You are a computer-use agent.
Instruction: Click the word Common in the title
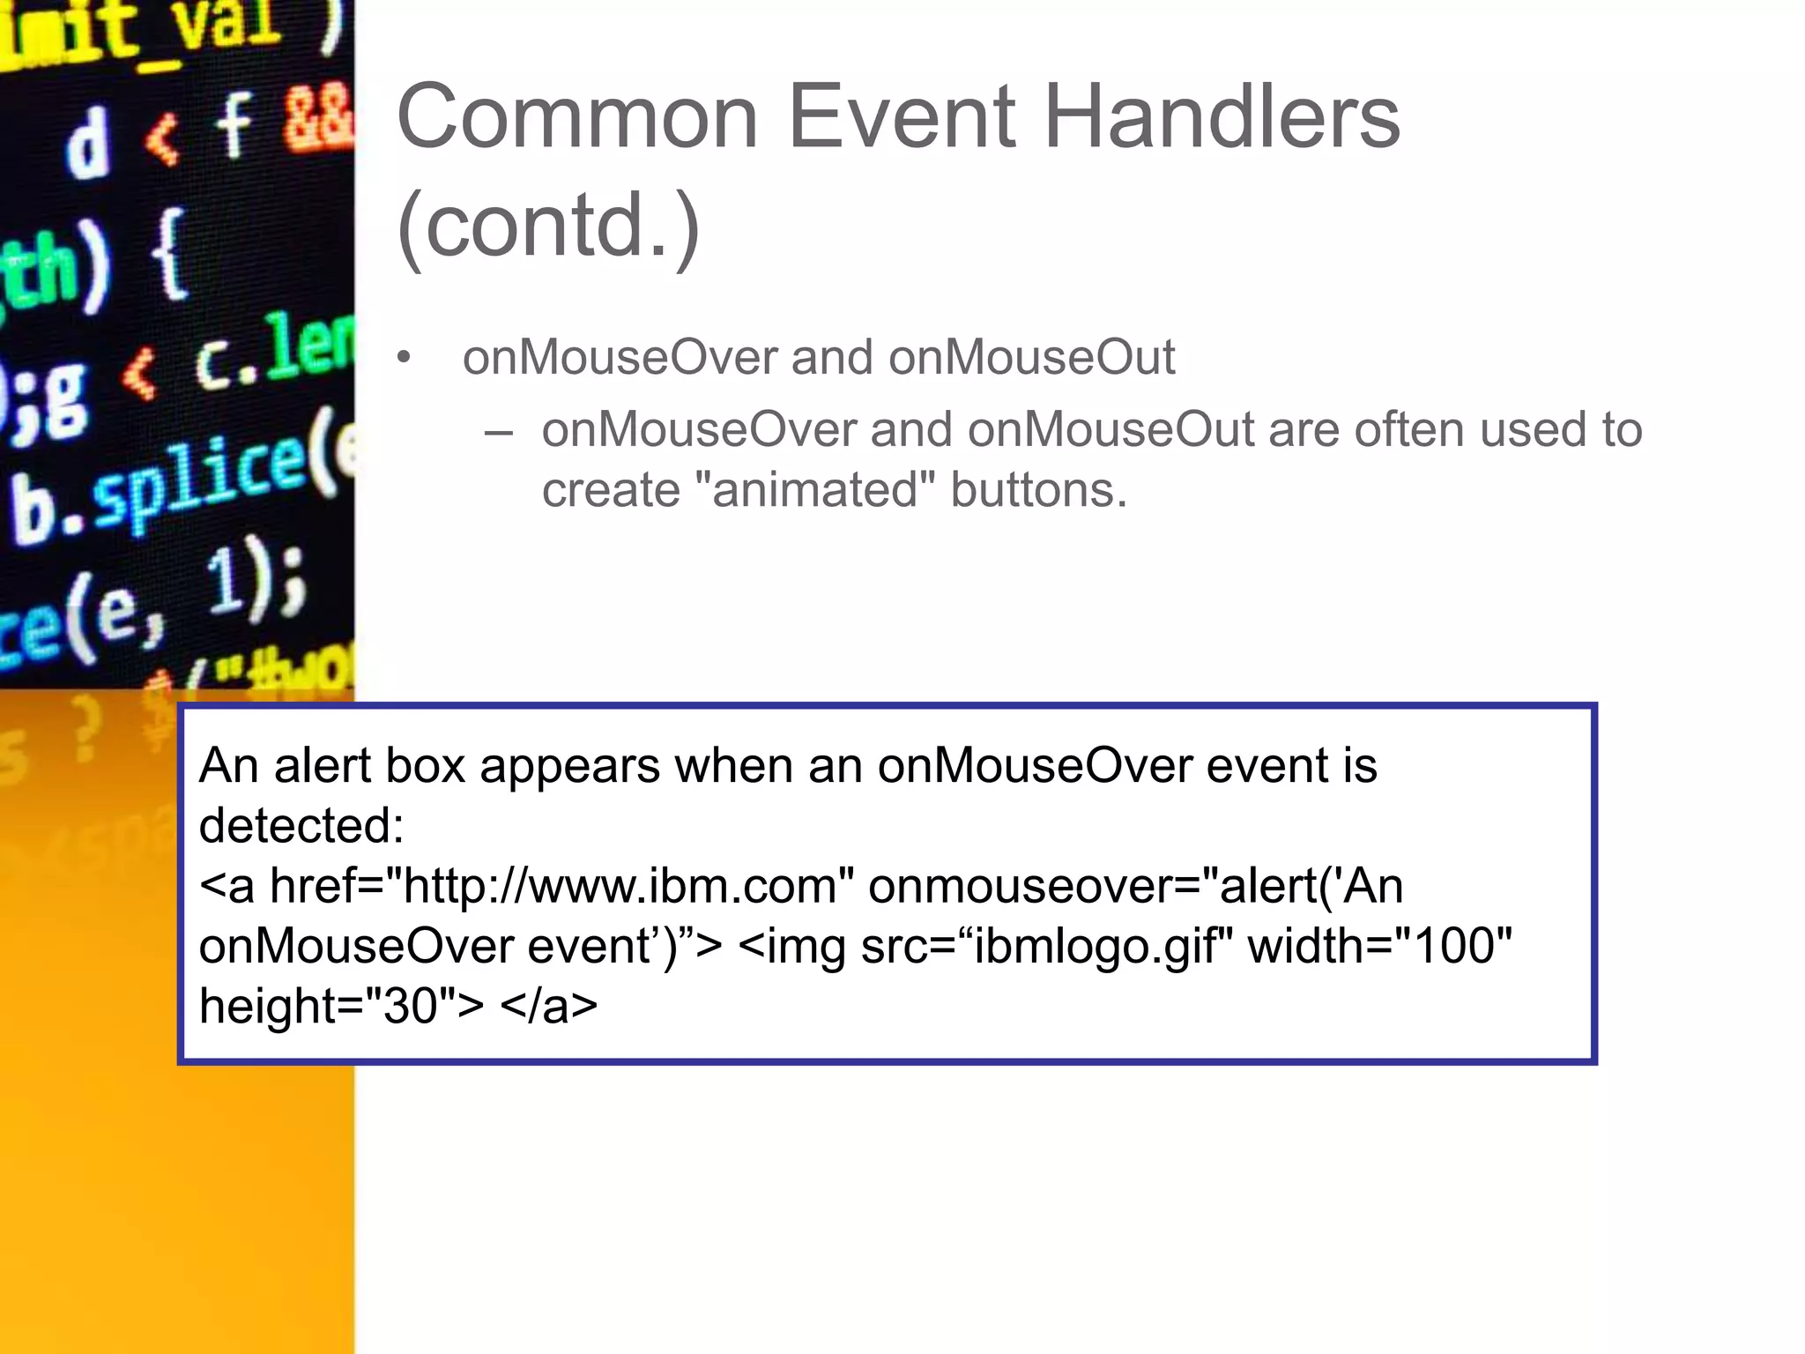[x=577, y=117]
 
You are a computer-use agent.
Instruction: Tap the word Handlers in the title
[x=1222, y=117]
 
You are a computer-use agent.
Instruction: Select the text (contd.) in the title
[x=548, y=227]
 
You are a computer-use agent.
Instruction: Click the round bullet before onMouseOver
[x=404, y=358]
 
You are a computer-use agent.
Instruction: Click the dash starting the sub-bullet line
[x=498, y=432]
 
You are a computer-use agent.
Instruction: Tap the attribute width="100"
[x=1379, y=946]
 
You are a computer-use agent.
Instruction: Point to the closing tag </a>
[x=548, y=1006]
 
